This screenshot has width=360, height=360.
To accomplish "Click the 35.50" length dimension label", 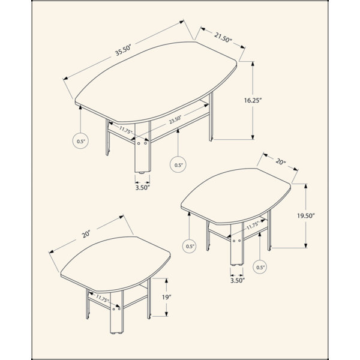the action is [123, 50].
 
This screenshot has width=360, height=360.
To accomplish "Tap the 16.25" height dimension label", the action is [253, 100].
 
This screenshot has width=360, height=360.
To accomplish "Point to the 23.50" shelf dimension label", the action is [176, 120].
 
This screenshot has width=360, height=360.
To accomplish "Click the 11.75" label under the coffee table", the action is [126, 130].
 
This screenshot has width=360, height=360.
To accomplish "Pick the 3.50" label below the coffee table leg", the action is [142, 188].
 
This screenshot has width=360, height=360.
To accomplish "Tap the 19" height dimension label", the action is [167, 298].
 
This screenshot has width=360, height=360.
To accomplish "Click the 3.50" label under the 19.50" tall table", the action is [238, 280].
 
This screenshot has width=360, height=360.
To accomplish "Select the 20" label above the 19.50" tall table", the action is [281, 161].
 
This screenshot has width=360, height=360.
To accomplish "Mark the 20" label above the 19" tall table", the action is [86, 234].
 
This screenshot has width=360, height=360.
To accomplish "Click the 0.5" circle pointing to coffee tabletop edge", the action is [80, 141].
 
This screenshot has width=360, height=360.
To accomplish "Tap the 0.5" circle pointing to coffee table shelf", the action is [178, 164].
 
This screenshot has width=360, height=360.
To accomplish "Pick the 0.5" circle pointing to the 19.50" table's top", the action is [190, 246].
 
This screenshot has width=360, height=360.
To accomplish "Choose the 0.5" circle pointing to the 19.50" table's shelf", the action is [260, 267].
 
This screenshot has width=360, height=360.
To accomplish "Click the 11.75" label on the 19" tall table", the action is [102, 298].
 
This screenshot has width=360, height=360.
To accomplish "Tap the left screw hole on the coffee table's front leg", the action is [139, 143].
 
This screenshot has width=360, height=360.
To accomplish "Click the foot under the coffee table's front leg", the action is [142, 172].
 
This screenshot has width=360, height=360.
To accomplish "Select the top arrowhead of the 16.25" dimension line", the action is [253, 64].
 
